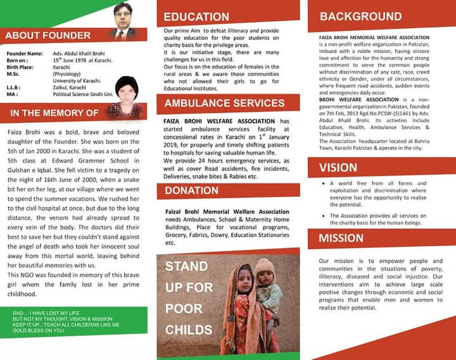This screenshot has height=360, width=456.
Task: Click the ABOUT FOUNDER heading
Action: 47,35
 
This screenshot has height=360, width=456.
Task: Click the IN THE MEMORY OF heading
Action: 54,113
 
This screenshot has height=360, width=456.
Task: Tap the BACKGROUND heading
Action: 361,16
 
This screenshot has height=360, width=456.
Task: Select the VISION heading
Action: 338,168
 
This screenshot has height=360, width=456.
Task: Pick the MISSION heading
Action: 341,239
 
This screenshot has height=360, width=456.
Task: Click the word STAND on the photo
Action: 186,266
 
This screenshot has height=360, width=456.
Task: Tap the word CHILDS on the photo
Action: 189,330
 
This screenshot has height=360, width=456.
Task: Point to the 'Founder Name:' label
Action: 25,54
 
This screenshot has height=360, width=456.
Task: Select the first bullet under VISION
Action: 322,183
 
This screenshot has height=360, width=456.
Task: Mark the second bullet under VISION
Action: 322,216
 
